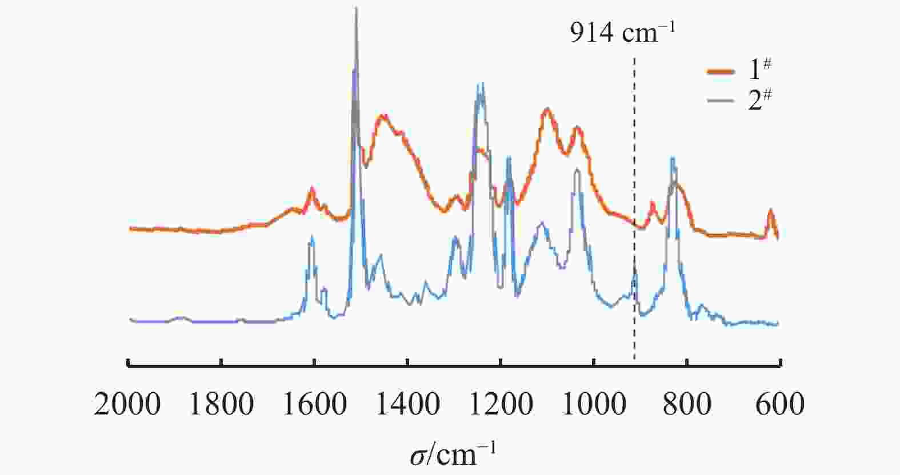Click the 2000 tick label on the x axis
pos(127,404)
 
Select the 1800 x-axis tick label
pos(221,404)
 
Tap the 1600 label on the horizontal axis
pos(314,404)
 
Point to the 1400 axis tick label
pos(407,404)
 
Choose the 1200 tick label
pos(501,404)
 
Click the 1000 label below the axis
pos(594,404)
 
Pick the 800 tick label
pos(687,404)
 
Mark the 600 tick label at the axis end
pos(779,404)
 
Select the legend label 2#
pos(760,100)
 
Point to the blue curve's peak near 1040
pos(577,170)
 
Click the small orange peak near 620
pos(770,211)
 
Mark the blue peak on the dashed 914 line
pos(634,268)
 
